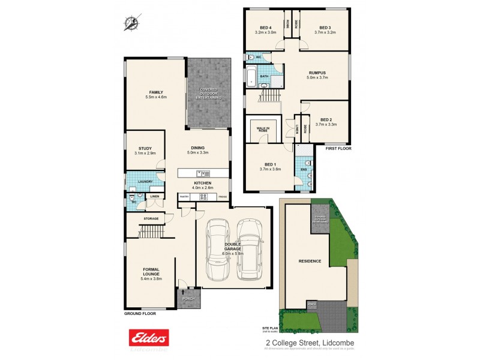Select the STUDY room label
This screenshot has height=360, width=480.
pyautogui.click(x=145, y=148)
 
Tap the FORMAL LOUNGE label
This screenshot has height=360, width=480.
pyautogui.click(x=150, y=271)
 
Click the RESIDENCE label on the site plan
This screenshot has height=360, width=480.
pyautogui.click(x=310, y=261)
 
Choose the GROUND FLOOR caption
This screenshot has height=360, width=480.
pyautogui.click(x=140, y=314)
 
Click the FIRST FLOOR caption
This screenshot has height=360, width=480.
pyautogui.click(x=338, y=148)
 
